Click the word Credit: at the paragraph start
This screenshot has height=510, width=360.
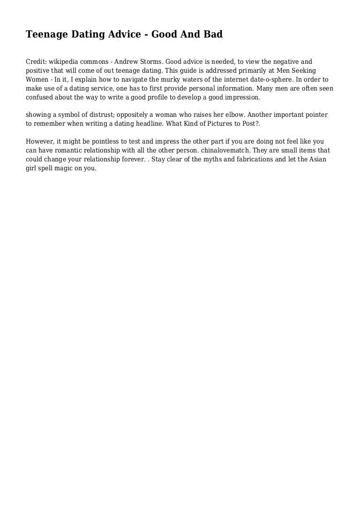tap(36, 62)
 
